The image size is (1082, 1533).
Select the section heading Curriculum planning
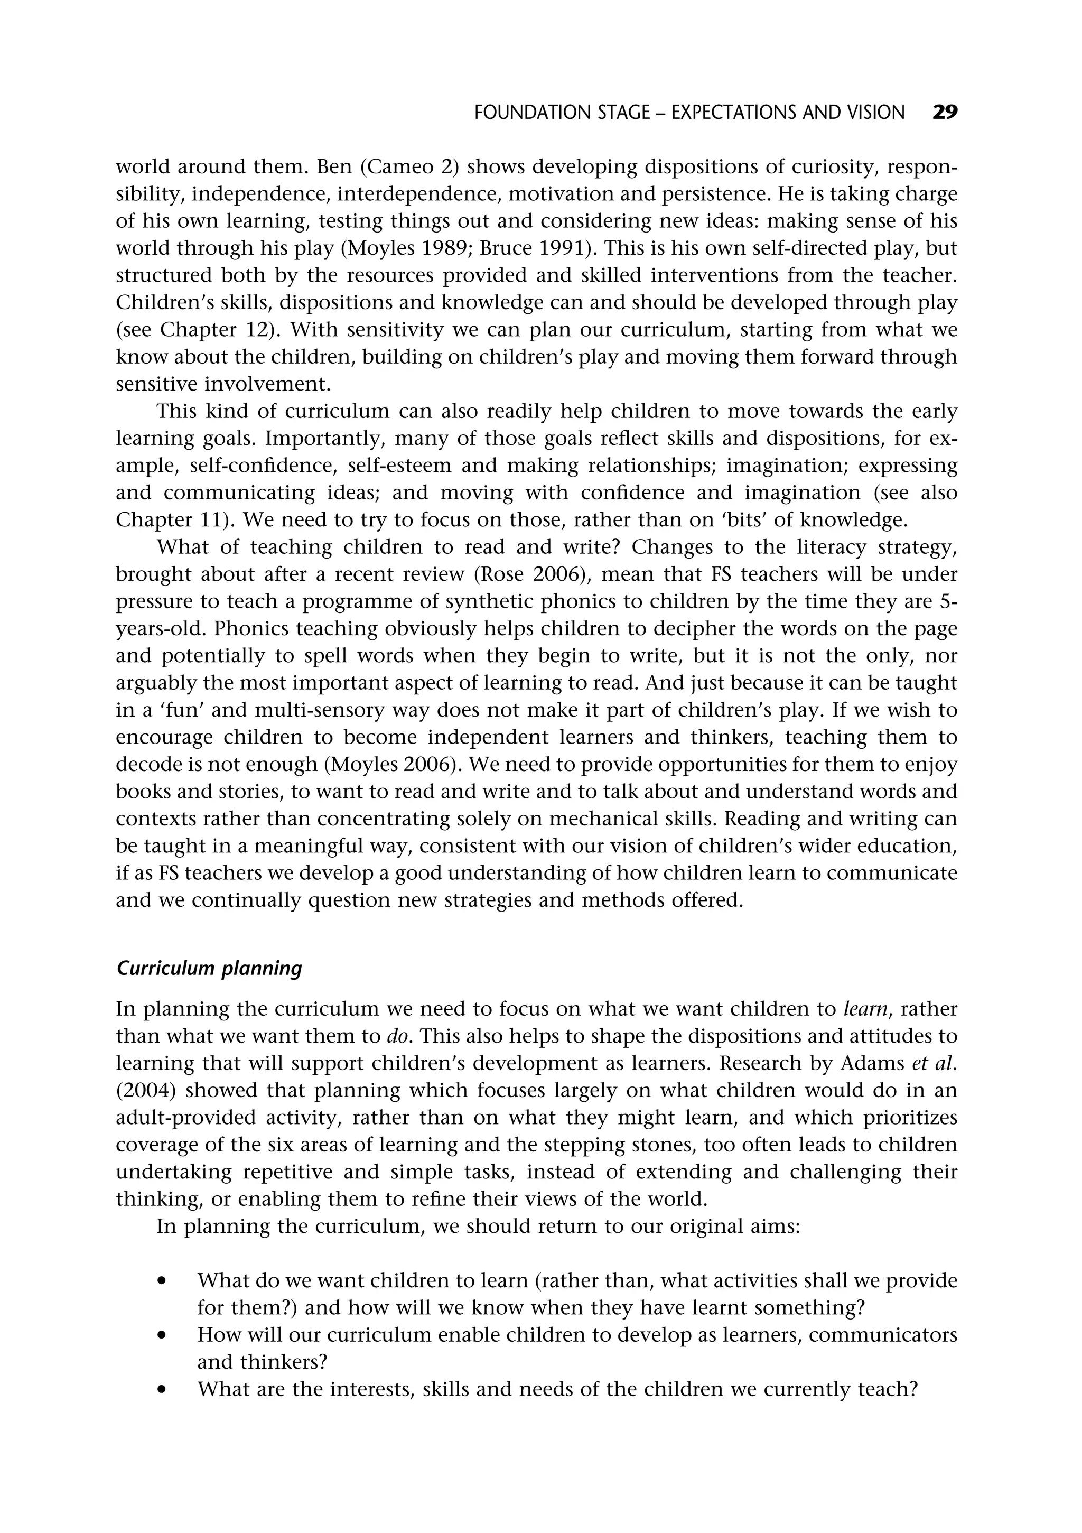pos(209,968)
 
